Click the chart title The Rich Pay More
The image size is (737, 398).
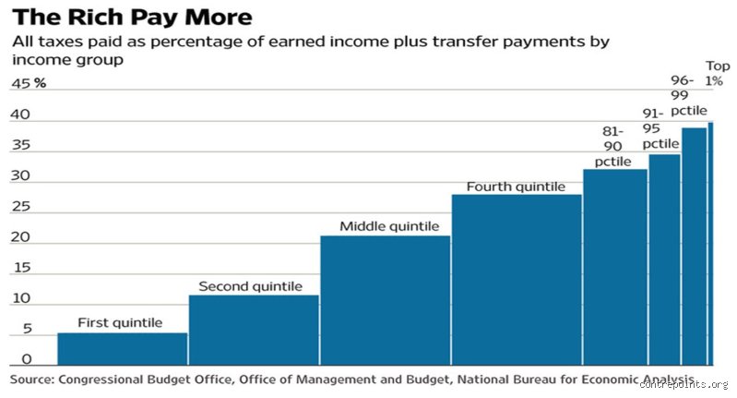click(133, 17)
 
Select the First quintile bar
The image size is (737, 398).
click(122, 349)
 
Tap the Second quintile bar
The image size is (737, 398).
click(254, 331)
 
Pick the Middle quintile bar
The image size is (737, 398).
click(386, 301)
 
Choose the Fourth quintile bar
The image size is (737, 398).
click(517, 280)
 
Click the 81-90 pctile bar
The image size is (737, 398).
click(615, 267)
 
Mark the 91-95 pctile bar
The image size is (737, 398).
click(664, 259)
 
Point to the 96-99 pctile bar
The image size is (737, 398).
click(695, 247)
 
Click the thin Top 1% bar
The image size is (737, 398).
click(710, 244)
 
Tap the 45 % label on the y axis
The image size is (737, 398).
click(29, 84)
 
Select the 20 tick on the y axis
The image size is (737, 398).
click(20, 237)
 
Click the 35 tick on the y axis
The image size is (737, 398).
click(20, 145)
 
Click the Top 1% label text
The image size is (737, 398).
click(718, 73)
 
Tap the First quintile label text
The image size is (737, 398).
click(120, 322)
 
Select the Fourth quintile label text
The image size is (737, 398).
click(516, 187)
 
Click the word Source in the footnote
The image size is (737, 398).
click(31, 380)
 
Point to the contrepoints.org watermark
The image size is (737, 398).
click(684, 385)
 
